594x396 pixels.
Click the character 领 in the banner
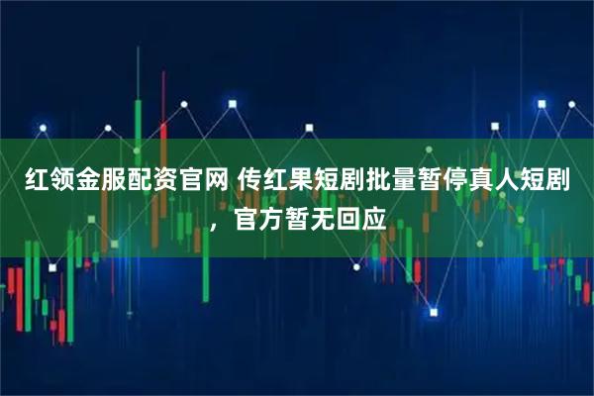tap(63, 180)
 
